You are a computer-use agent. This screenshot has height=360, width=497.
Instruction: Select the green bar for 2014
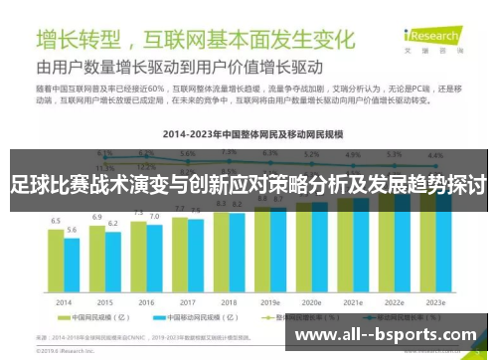pyautogui.click(x=56, y=258)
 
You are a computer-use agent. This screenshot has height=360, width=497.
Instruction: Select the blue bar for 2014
pyautogui.click(x=72, y=263)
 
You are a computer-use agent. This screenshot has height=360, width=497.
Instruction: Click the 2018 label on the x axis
pyautogui.click(x=228, y=301)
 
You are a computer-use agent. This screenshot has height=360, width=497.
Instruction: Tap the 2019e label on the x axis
pyautogui.click(x=269, y=301)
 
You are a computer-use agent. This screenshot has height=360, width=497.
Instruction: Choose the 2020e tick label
pyautogui.click(x=311, y=301)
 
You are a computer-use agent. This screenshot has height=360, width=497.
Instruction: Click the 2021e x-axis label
pyautogui.click(x=353, y=301)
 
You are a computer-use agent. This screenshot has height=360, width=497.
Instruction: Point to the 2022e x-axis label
pyautogui.click(x=394, y=301)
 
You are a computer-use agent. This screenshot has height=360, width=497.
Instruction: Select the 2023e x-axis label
pyautogui.click(x=435, y=301)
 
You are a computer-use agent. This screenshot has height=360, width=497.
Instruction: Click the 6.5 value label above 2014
pyautogui.click(x=56, y=220)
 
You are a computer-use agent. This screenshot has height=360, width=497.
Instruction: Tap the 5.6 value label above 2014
pyautogui.click(x=72, y=230)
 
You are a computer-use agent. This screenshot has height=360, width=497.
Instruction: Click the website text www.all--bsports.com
pyautogui.click(x=387, y=335)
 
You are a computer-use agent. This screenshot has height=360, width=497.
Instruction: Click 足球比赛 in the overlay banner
pyautogui.click(x=45, y=185)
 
